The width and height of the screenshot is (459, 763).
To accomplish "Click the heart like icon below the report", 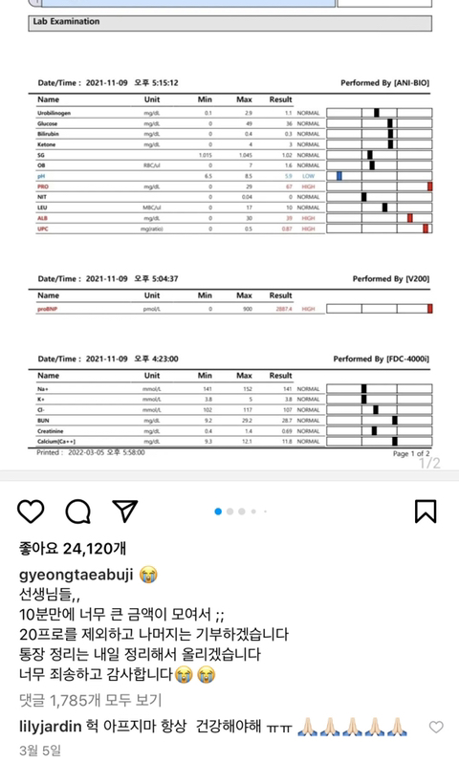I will point(31,511).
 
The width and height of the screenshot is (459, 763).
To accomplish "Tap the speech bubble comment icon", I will point(77,511).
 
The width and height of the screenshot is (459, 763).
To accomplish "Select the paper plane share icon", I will point(124,511).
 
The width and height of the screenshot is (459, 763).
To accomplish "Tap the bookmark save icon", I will point(426,511).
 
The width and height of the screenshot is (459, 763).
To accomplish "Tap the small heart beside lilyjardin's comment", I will point(436,728).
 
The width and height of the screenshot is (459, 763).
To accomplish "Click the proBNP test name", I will point(50,309).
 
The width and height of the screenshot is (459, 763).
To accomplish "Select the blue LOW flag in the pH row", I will point(308,176).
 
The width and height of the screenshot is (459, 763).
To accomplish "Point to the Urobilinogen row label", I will point(55,113).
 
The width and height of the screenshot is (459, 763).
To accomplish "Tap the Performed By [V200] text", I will point(392,278).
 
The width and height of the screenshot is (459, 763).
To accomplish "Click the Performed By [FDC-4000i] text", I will point(381,359).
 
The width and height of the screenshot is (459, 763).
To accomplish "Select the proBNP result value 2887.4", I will point(283,309).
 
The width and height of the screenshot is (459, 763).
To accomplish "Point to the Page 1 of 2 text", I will point(410,453).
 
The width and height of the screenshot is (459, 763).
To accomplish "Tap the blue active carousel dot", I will point(218,512).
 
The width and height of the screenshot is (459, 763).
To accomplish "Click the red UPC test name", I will point(43,229).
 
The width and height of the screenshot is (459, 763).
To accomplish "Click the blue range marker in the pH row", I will point(339,176).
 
